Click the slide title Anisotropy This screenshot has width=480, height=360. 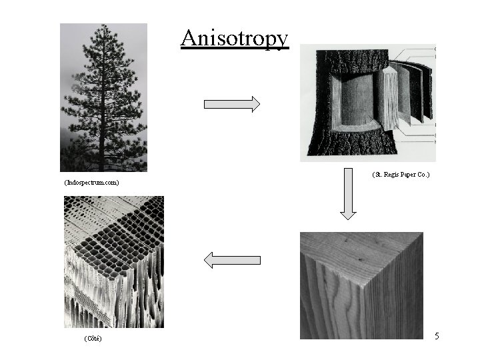tap(234, 38)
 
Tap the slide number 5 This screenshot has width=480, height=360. tap(437, 336)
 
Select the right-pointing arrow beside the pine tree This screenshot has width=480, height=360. tap(231, 104)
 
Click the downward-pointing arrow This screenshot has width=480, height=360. tap(348, 194)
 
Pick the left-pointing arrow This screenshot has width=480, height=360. tap(231, 260)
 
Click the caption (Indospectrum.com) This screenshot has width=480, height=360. tap(91, 182)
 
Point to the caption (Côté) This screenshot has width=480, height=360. tap(93, 339)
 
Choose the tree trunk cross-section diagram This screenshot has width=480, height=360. tap(367, 103)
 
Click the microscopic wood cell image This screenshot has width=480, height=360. tap(113, 261)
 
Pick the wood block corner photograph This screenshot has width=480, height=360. tap(361, 285)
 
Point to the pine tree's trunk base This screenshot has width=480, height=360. tap(102, 167)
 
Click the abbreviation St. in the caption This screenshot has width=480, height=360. tap(378, 175)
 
